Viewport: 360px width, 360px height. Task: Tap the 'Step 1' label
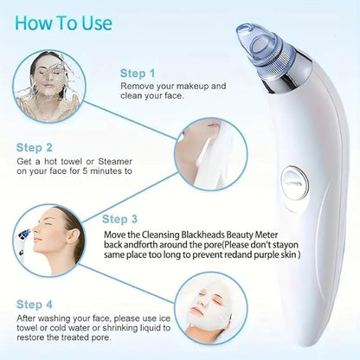point(138,74)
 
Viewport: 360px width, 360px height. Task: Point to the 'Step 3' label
point(121,219)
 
